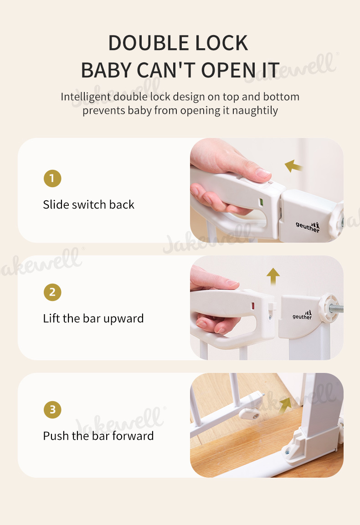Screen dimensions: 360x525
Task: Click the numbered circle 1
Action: click(x=52, y=178)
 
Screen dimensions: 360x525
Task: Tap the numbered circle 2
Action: click(x=52, y=292)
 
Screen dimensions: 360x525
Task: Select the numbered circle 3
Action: click(x=52, y=409)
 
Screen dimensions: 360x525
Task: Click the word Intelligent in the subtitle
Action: click(x=86, y=97)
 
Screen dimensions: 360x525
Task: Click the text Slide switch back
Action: click(x=88, y=204)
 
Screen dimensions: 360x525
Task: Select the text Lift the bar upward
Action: click(x=93, y=318)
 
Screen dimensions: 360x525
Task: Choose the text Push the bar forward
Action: click(x=98, y=436)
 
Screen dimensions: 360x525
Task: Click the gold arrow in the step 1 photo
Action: click(x=293, y=166)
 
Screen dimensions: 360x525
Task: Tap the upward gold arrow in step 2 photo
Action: click(x=273, y=276)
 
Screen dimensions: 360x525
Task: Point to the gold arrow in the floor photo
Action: click(x=285, y=405)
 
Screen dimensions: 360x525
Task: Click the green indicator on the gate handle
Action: click(x=261, y=202)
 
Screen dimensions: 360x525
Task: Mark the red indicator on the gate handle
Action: click(x=253, y=306)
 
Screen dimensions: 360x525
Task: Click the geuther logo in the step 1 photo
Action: click(x=308, y=227)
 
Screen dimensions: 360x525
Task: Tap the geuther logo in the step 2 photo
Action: click(x=302, y=315)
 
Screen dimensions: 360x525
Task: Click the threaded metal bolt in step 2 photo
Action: click(x=336, y=308)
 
